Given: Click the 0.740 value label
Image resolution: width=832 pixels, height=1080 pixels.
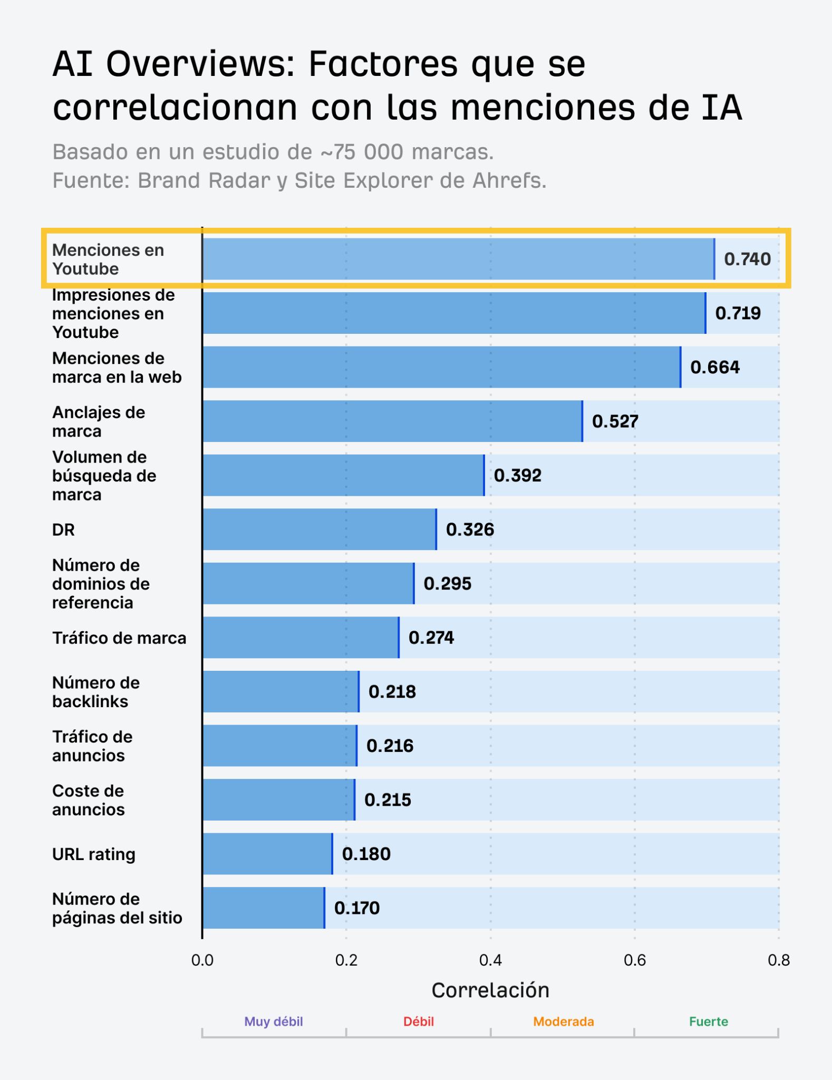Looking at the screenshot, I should (747, 259).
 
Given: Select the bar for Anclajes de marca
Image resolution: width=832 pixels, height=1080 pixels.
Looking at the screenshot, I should (392, 421).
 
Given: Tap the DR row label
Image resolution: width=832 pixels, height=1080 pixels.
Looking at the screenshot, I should (63, 529).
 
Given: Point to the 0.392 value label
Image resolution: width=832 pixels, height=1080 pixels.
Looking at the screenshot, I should (517, 475).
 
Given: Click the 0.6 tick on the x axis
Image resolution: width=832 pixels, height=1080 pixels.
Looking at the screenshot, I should (634, 960).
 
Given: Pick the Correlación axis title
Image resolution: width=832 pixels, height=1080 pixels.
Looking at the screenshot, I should (490, 990).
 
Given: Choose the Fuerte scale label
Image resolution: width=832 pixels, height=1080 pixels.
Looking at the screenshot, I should (708, 1021).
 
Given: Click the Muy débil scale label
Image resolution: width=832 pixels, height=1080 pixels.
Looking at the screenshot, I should (273, 1021).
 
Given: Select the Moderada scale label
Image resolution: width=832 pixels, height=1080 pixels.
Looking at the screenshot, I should (563, 1021).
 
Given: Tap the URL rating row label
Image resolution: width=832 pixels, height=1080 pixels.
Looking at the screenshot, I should (93, 854).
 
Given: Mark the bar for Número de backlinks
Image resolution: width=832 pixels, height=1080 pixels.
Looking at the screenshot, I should (280, 691).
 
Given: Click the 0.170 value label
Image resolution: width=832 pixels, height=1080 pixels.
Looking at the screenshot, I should (357, 908).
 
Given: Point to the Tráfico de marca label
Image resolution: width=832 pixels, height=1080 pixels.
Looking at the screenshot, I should (119, 638).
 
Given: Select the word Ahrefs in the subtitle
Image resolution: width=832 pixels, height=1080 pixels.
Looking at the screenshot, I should (508, 180).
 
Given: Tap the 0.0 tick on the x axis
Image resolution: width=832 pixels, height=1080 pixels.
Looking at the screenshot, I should (202, 960).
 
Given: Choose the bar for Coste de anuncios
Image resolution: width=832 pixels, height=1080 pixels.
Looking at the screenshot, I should (278, 799).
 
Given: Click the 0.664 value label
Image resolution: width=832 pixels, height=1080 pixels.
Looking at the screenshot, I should (714, 367).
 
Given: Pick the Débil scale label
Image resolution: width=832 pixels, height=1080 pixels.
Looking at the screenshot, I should (418, 1021).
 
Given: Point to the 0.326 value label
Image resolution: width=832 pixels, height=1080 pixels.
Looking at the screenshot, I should (470, 529).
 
